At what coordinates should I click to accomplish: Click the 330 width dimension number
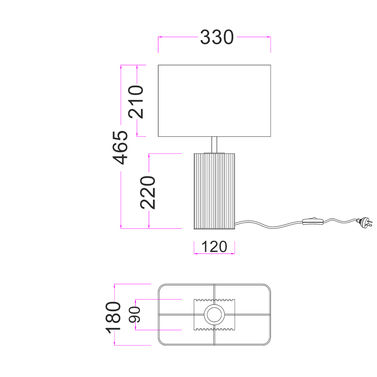[217, 37]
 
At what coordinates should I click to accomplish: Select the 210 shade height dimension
[136, 102]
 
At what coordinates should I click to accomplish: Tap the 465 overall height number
[120, 148]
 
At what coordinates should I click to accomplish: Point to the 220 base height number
[148, 193]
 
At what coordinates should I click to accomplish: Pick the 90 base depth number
[134, 314]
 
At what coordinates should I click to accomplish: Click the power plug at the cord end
[365, 222]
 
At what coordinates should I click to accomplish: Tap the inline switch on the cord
[313, 221]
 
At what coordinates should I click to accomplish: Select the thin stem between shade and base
[214, 145]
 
